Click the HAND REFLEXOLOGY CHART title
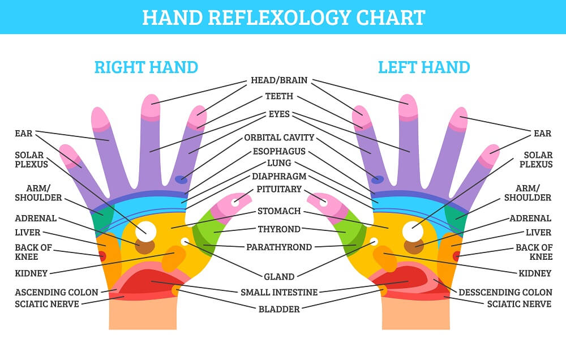point(284,18)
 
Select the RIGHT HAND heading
point(146,67)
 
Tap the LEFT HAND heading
point(424,67)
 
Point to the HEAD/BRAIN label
point(279,80)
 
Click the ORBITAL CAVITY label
point(279,138)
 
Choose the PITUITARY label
point(279,189)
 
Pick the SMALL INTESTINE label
point(279,292)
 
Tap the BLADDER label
point(279,309)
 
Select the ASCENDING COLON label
point(56,292)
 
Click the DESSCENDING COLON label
point(505,292)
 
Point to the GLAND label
point(279,277)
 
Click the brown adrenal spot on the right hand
point(145,247)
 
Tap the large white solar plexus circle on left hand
point(413,231)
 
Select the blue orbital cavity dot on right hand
point(181,179)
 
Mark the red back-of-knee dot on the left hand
point(457,256)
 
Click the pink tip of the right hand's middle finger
point(151,107)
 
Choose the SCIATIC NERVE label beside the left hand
point(519,304)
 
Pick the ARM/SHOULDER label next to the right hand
point(38,193)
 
